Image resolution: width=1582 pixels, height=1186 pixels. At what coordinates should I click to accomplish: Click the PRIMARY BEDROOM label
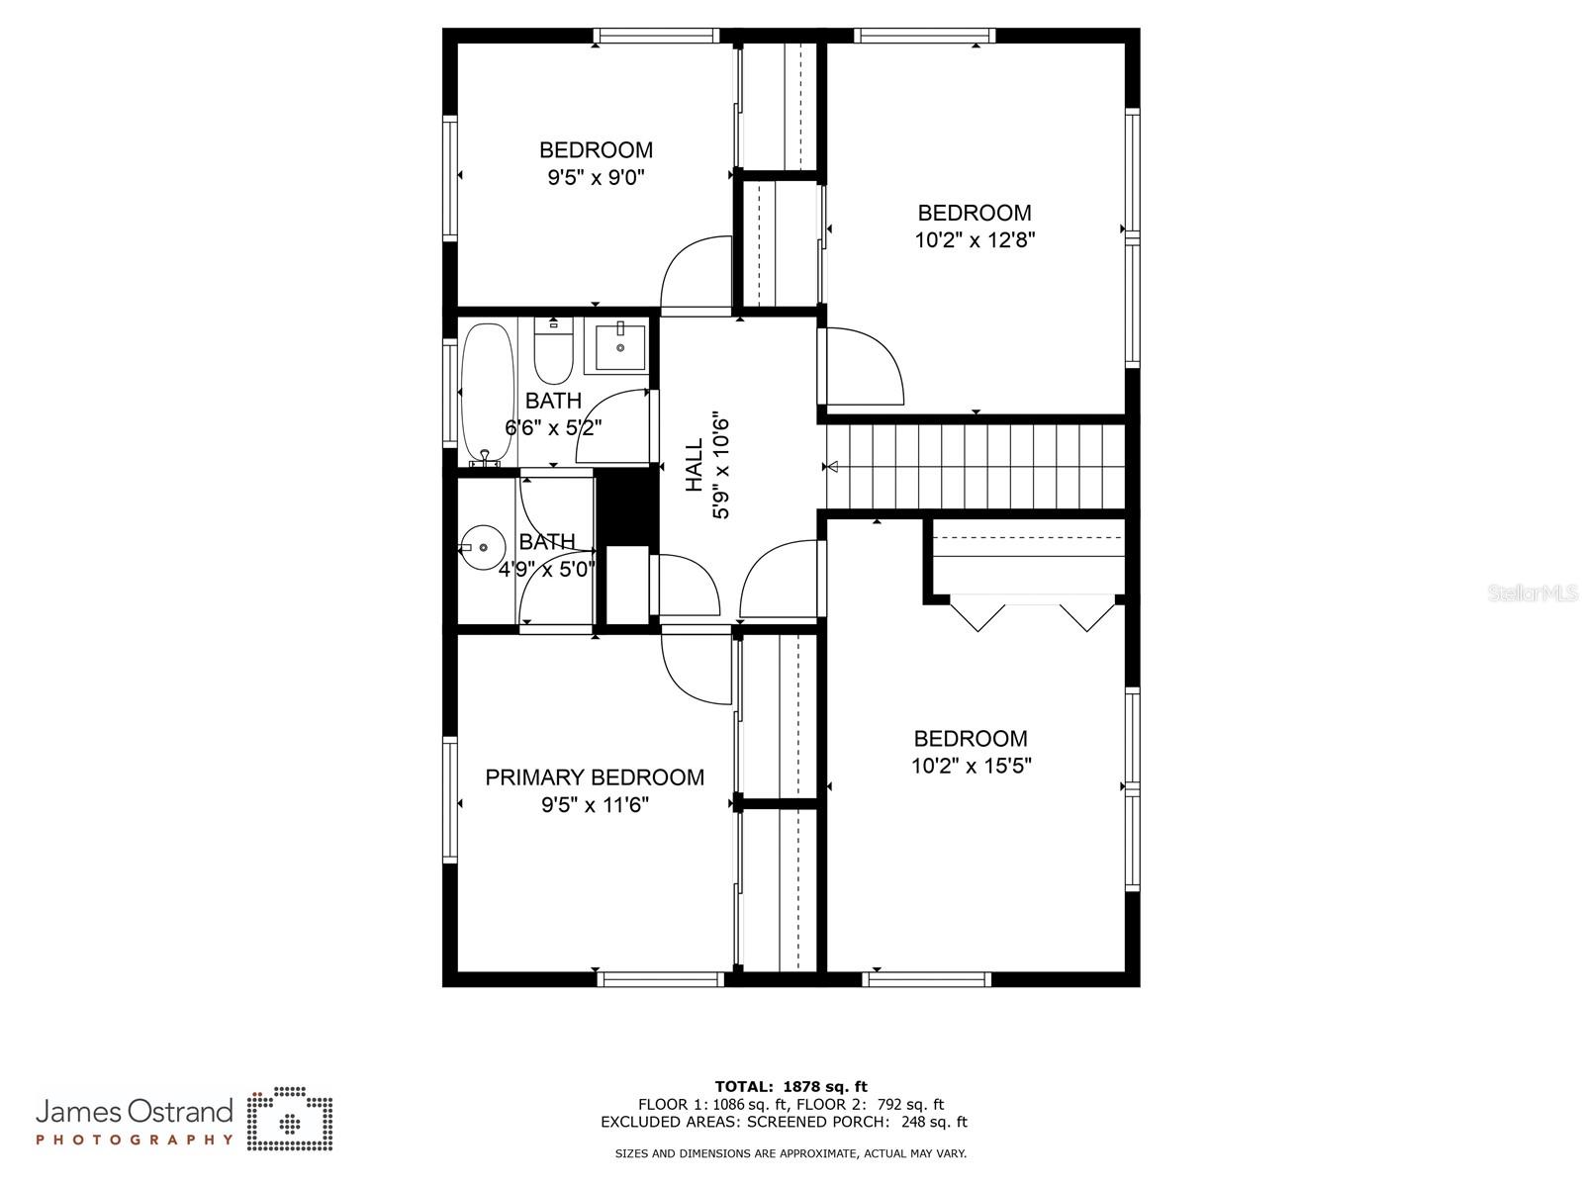click(594, 777)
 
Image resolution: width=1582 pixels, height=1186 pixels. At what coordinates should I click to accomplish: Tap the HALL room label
click(694, 466)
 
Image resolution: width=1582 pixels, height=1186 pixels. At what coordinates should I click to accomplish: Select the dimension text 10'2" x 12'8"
click(975, 239)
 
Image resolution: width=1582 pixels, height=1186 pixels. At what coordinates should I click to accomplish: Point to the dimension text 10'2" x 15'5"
click(971, 766)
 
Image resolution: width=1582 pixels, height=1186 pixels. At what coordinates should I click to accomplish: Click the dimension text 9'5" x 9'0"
click(596, 176)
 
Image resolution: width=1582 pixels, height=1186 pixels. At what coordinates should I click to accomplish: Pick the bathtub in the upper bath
click(488, 393)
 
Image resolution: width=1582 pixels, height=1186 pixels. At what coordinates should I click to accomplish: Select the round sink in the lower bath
click(483, 548)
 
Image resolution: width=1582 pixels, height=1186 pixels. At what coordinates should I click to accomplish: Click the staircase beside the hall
click(976, 466)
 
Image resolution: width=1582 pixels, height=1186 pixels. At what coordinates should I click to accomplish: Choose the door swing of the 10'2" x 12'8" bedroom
click(864, 366)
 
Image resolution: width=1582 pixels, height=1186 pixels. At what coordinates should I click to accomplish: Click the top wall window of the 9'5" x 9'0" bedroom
click(657, 36)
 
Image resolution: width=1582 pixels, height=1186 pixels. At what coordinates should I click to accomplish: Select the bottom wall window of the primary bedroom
click(661, 978)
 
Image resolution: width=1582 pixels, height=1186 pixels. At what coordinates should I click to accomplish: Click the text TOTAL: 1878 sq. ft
click(791, 1086)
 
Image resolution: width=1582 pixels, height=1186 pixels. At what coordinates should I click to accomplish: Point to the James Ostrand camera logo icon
click(290, 1119)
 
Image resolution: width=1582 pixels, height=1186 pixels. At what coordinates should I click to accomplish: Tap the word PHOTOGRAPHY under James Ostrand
click(135, 1140)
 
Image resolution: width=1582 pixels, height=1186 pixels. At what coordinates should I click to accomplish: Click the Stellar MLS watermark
click(1533, 593)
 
